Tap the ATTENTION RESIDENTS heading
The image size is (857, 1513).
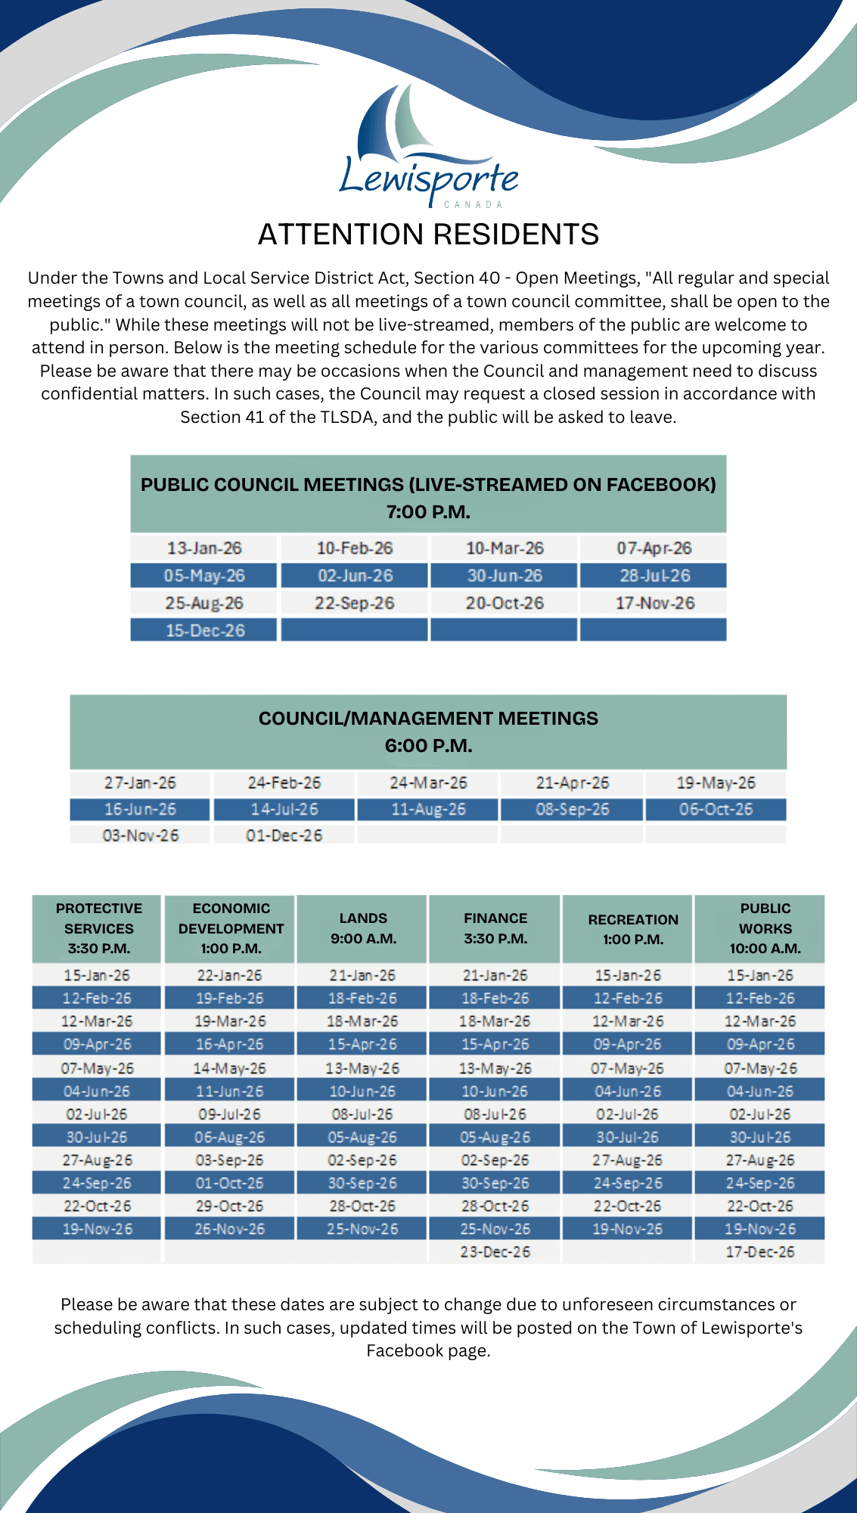[428, 235]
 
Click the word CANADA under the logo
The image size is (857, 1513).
[474, 204]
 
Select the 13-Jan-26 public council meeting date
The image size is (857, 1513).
[204, 548]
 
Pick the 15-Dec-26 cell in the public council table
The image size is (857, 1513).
[205, 630]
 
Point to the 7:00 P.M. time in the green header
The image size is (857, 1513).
[428, 512]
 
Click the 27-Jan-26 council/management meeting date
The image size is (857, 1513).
[140, 782]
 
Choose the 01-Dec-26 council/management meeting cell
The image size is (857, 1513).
[284, 835]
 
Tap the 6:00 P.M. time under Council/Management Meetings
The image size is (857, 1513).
[428, 746]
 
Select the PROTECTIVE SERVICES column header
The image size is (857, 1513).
[98, 928]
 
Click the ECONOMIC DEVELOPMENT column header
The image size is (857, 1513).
[231, 928]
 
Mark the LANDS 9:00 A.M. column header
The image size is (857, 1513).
[363, 928]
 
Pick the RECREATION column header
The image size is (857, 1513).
[633, 929]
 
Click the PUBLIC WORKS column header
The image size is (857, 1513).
[765, 928]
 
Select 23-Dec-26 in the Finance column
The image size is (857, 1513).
[495, 1252]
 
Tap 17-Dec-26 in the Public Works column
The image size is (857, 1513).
[759, 1252]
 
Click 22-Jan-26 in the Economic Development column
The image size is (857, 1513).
[229, 975]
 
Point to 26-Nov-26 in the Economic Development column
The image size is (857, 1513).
[229, 1229]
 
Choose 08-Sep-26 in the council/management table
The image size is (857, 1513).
[572, 809]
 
